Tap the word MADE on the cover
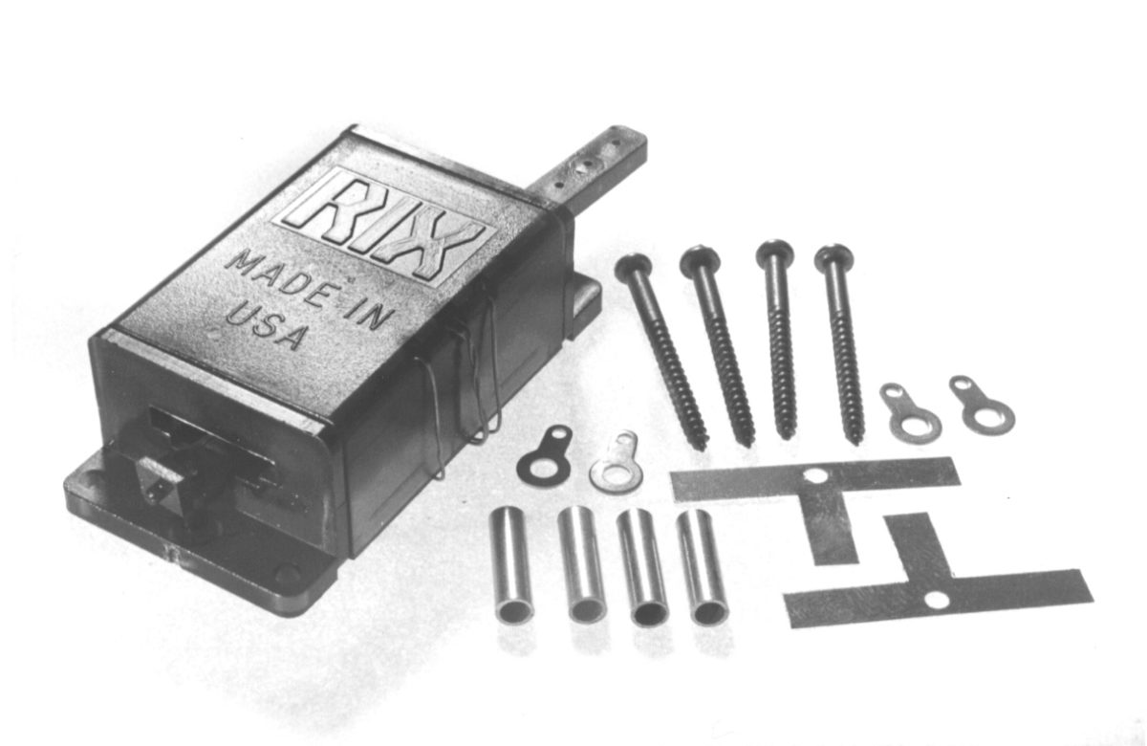(273, 270)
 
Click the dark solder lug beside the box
(545, 458)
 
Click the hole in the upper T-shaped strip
(814, 474)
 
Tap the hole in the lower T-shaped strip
(938, 600)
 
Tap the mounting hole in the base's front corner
(286, 575)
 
